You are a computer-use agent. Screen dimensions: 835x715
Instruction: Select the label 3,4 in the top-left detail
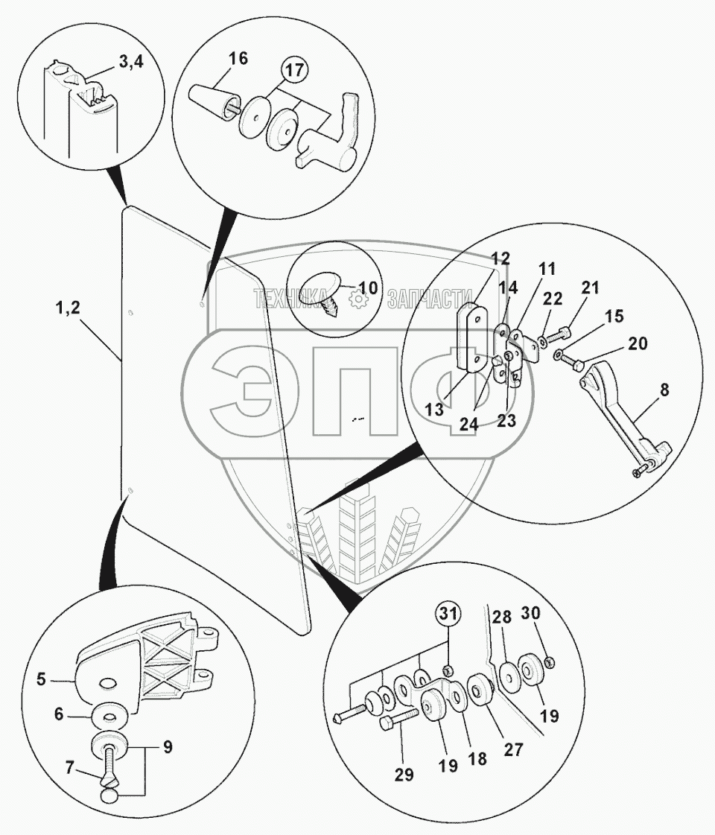tap(130, 64)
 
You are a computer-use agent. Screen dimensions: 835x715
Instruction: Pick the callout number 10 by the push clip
tap(369, 288)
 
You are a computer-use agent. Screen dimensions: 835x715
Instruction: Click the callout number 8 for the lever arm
tap(664, 388)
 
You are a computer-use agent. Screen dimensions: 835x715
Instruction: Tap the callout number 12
tap(500, 259)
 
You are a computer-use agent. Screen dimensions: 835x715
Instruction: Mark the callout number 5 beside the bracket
tap(42, 679)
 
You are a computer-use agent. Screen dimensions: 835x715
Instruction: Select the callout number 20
tap(638, 343)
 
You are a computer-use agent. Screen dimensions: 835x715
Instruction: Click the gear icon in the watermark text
tap(360, 300)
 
